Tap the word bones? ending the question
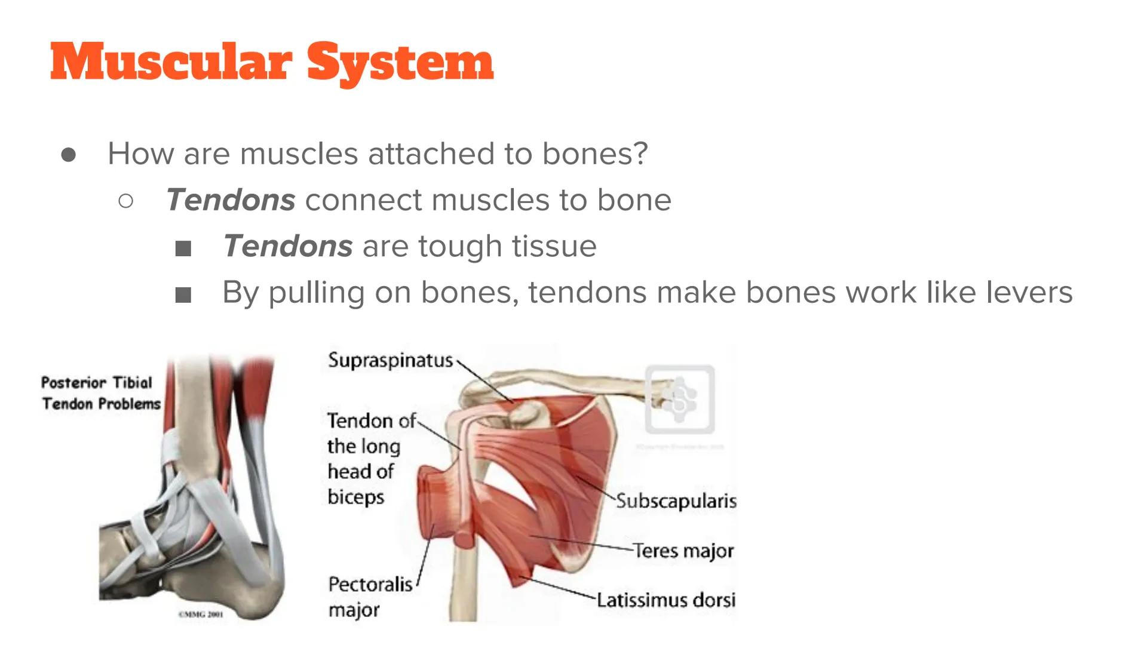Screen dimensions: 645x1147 [x=594, y=153]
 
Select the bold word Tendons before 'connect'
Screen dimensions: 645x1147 [x=231, y=199]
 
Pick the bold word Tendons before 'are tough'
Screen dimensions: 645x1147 [x=287, y=246]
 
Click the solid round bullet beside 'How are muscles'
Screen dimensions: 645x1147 [x=69, y=155]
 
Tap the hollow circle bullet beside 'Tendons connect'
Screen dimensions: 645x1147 [x=125, y=201]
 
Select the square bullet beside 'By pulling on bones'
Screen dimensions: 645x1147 [x=183, y=294]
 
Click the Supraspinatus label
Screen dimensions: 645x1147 [x=390, y=360]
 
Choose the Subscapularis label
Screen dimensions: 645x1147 [x=676, y=501]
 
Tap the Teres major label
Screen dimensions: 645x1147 [x=683, y=550]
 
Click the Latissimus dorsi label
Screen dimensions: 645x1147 [x=666, y=600]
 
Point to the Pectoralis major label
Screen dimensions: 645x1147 [x=370, y=597]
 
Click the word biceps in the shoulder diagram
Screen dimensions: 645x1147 [x=355, y=496]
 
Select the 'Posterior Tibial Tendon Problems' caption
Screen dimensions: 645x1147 [x=100, y=393]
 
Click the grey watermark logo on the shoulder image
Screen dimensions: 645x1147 [x=680, y=399]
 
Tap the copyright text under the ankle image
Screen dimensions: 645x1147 [x=201, y=614]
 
